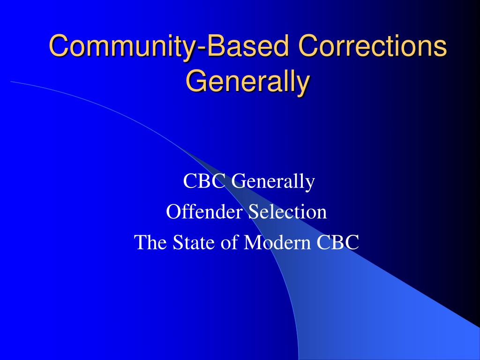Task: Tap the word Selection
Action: point(287,211)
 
